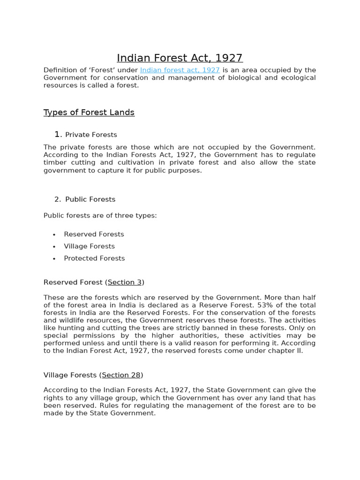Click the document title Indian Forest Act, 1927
pyautogui.click(x=180, y=58)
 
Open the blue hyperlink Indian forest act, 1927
pyautogui.click(x=180, y=70)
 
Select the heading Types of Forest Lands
pyautogui.click(x=89, y=112)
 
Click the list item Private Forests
pyautogui.click(x=91, y=135)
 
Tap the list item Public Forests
pyautogui.click(x=90, y=199)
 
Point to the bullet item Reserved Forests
pyautogui.click(x=94, y=234)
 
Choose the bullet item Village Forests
pyautogui.click(x=89, y=246)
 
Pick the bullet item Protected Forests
pyautogui.click(x=94, y=258)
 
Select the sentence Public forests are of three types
pyautogui.click(x=100, y=216)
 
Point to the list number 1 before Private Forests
pyautogui.click(x=57, y=135)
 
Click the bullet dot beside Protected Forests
pyautogui.click(x=54, y=259)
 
